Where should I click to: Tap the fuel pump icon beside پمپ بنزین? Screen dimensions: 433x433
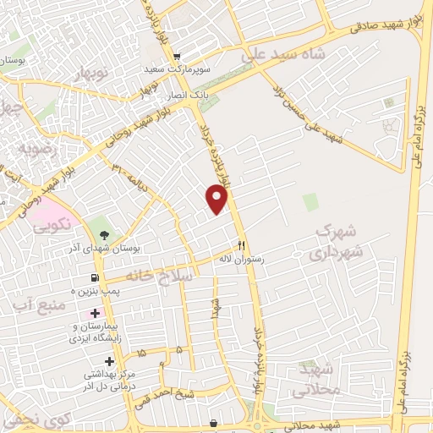coord(94,277)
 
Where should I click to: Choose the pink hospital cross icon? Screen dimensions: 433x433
coord(95,314)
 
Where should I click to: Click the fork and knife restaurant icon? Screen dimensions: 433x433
coord(242,246)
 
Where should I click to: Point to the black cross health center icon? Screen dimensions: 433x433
coord(109,361)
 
